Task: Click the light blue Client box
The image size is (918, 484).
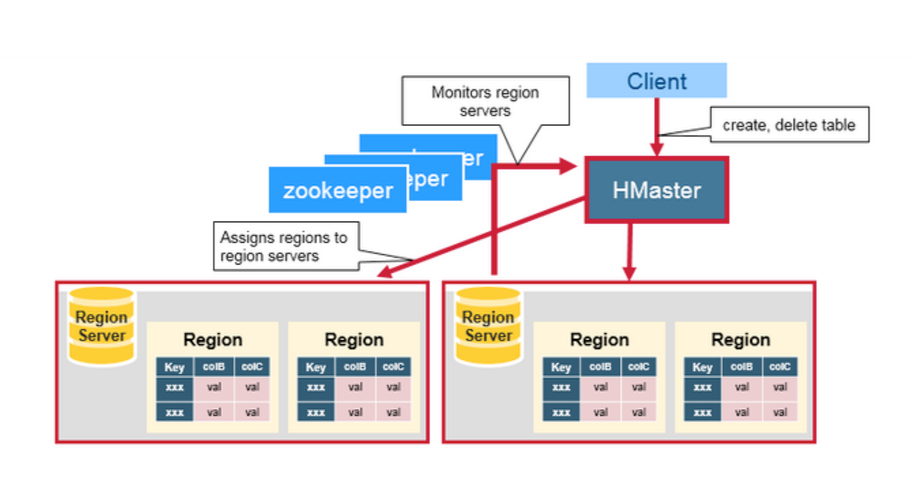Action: [656, 80]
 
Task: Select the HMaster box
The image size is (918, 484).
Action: [656, 190]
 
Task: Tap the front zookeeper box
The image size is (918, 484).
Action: [338, 190]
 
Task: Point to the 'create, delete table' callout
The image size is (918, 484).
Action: [789, 125]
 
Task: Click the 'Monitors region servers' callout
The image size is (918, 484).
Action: [485, 101]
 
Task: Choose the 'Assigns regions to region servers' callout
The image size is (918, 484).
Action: [286, 246]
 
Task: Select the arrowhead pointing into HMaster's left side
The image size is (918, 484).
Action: [569, 166]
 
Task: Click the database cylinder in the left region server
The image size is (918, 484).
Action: [101, 326]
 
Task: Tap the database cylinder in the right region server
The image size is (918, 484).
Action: [488, 326]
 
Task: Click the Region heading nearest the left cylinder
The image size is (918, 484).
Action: [212, 339]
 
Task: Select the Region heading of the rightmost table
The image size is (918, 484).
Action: [741, 339]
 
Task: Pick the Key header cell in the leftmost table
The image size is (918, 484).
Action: [175, 367]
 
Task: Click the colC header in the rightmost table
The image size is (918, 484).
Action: [780, 367]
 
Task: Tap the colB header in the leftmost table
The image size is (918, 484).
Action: [214, 367]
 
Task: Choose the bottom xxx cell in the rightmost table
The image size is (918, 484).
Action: [702, 412]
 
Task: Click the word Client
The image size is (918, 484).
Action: [656, 81]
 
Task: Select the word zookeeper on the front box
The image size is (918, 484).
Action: [338, 191]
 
